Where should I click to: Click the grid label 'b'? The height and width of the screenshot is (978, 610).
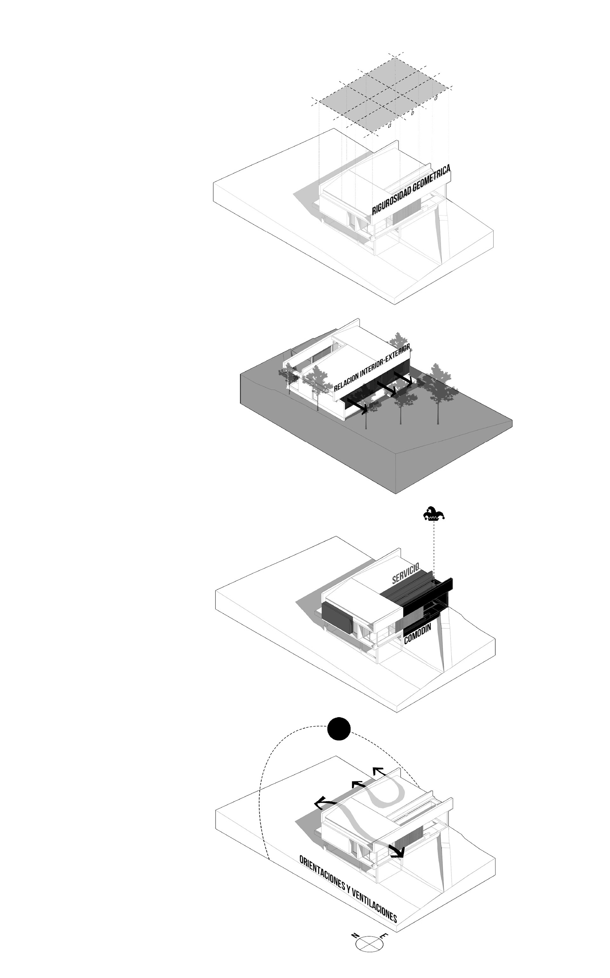412,113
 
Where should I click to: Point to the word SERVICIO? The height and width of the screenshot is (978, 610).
406,573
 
